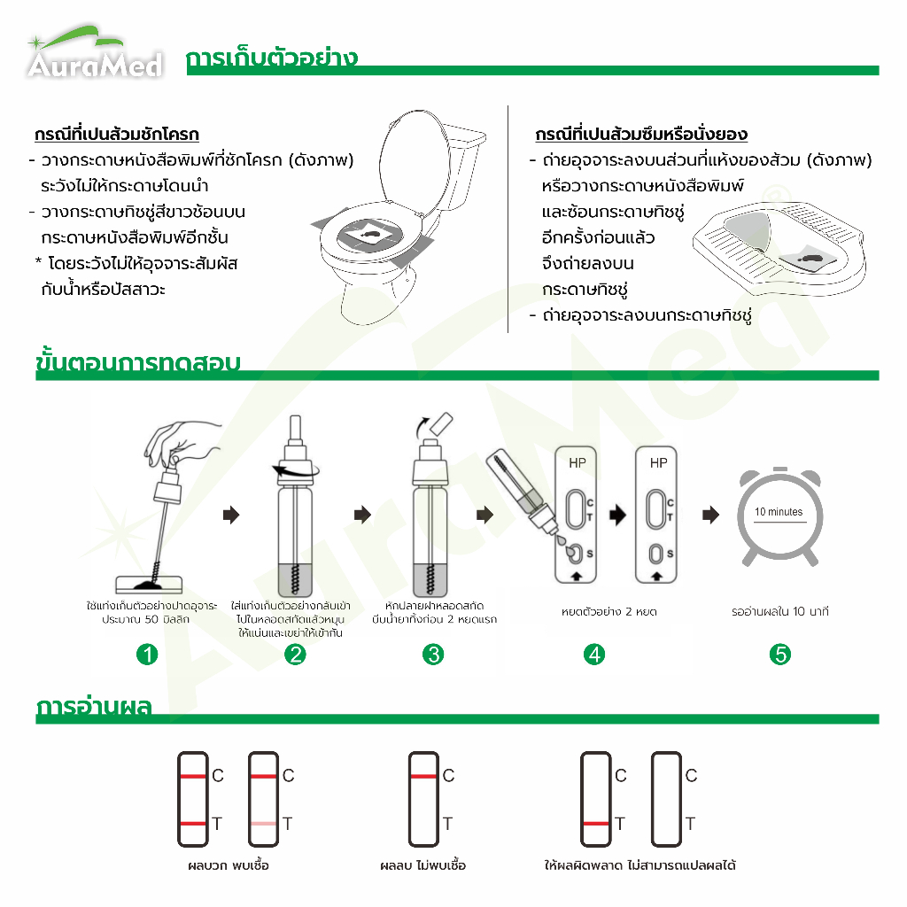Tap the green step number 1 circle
[x=147, y=655]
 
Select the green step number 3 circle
[x=433, y=655]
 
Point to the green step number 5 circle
[x=779, y=655]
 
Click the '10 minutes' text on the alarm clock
[x=779, y=512]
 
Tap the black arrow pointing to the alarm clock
[x=711, y=515]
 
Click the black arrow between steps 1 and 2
[x=231, y=515]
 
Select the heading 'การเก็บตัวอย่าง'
[x=272, y=58]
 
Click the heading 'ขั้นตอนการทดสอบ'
[x=137, y=362]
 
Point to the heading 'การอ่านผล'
[x=94, y=707]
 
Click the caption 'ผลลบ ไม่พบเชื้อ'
[x=422, y=865]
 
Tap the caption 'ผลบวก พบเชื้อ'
[x=229, y=865]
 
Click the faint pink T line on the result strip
[x=263, y=823]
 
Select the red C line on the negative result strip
[x=423, y=776]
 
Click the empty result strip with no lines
[x=666, y=799]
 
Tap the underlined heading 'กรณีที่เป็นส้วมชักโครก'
[x=117, y=135]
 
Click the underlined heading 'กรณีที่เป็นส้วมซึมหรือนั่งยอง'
[x=641, y=135]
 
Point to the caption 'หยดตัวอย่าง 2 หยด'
[x=609, y=611]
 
